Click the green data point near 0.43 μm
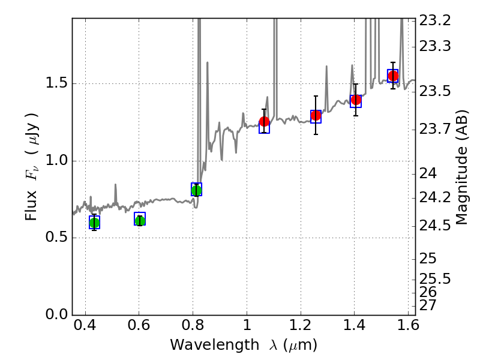pos(94,223)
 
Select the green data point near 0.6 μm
pos(140,220)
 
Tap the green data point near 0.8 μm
pos(196,190)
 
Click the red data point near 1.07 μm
pos(264,122)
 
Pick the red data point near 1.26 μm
pos(316,115)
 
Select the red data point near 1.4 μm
pos(356,100)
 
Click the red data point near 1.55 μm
pos(393,76)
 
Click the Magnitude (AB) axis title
pos(462,167)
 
